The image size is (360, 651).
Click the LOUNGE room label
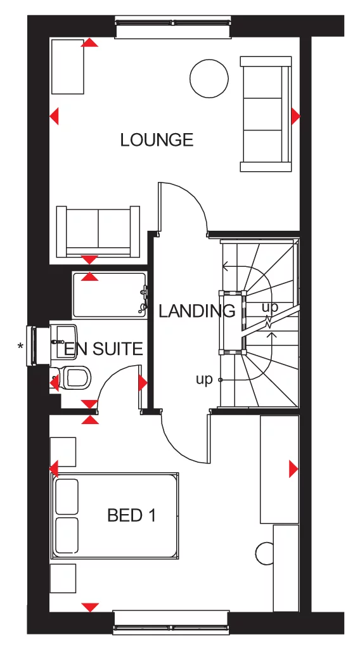pyautogui.click(x=157, y=139)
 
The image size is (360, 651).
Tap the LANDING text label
pyautogui.click(x=196, y=311)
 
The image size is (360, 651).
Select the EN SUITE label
pyautogui.click(x=103, y=349)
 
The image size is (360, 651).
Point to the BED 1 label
pyautogui.click(x=131, y=516)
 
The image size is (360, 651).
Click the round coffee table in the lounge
pyautogui.click(x=209, y=78)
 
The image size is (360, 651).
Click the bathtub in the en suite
pyautogui.click(x=110, y=295)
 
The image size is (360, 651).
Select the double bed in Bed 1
pyautogui.click(x=114, y=515)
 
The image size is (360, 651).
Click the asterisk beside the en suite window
pyautogui.click(x=21, y=346)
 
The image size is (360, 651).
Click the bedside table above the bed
pyautogui.click(x=63, y=451)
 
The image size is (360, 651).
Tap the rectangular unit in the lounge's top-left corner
pyautogui.click(x=67, y=66)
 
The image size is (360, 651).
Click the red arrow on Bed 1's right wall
pyautogui.click(x=293, y=468)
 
